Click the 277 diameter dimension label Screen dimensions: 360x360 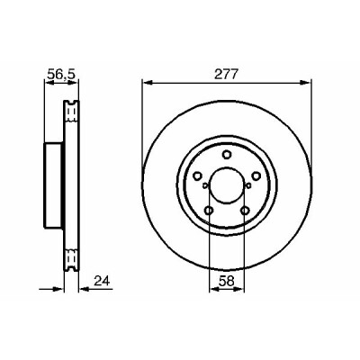(226, 74)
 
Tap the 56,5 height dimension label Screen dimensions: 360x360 (61, 74)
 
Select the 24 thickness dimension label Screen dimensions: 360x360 (102, 281)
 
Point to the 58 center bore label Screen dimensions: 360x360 (227, 281)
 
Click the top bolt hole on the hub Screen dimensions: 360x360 (227, 155)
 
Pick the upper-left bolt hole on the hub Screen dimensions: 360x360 (197, 175)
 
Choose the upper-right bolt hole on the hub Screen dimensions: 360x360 (256, 175)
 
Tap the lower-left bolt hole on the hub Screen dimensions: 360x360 (209, 211)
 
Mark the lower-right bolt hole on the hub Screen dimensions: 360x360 (245, 211)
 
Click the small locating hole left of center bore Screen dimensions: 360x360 (205, 185)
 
